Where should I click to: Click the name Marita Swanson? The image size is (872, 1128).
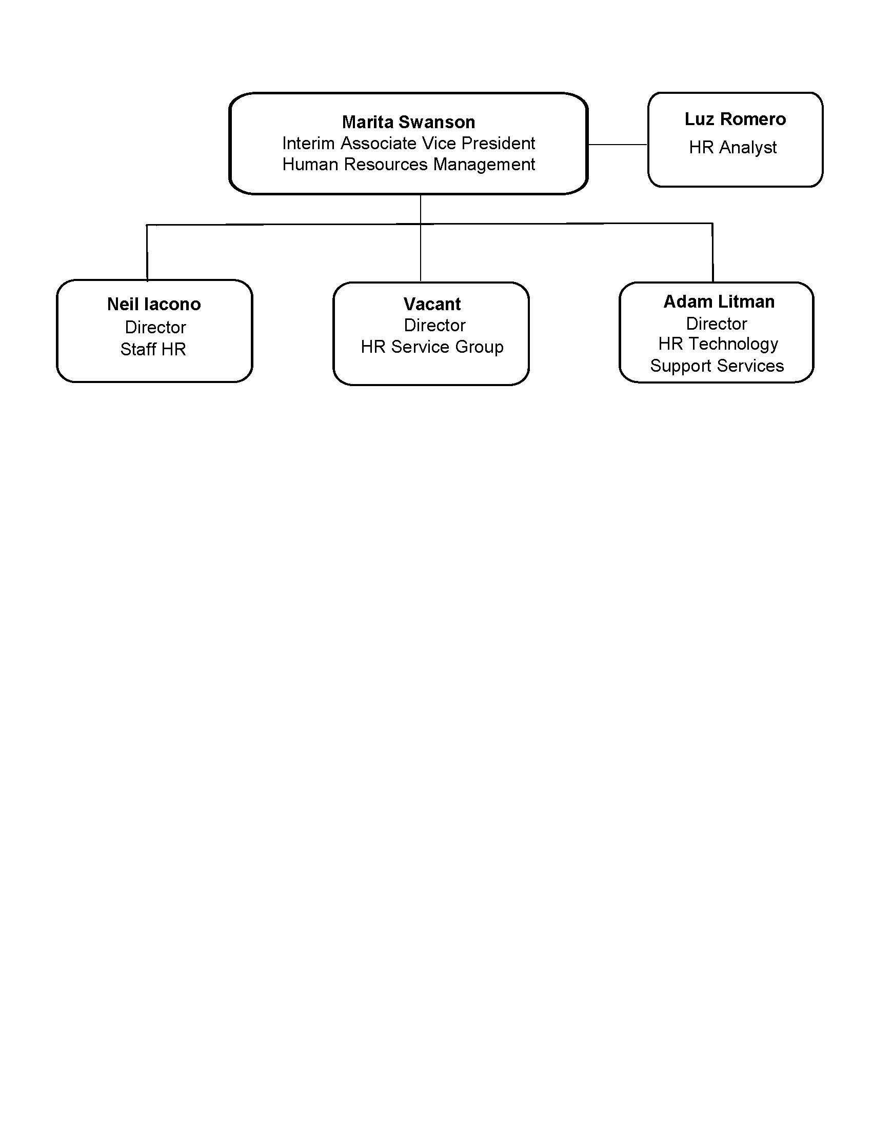pyautogui.click(x=408, y=122)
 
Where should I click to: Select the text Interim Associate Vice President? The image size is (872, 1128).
pyautogui.click(x=408, y=143)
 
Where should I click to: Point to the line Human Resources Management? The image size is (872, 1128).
pyautogui.click(x=408, y=164)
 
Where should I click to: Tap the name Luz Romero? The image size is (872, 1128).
pyautogui.click(x=735, y=119)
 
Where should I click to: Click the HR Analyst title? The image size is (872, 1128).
pyautogui.click(x=732, y=148)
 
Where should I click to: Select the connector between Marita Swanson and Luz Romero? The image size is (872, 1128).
pyautogui.click(x=618, y=145)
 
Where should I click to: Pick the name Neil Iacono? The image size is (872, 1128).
pyautogui.click(x=154, y=304)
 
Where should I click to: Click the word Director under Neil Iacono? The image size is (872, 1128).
pyautogui.click(x=155, y=327)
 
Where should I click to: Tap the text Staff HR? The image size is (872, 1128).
pyautogui.click(x=153, y=349)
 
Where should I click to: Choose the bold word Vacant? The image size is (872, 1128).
pyautogui.click(x=432, y=304)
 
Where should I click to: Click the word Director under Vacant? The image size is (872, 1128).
pyautogui.click(x=434, y=326)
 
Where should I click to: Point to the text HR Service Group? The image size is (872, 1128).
pyautogui.click(x=432, y=347)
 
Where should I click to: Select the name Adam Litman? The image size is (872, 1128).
pyautogui.click(x=719, y=301)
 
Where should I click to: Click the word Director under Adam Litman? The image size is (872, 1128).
pyautogui.click(x=716, y=324)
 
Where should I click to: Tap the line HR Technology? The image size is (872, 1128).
pyautogui.click(x=718, y=345)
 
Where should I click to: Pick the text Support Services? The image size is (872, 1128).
pyautogui.click(x=717, y=366)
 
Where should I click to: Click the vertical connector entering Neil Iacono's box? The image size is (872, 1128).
pyautogui.click(x=147, y=253)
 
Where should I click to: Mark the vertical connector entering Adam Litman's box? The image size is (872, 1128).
pyautogui.click(x=713, y=253)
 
